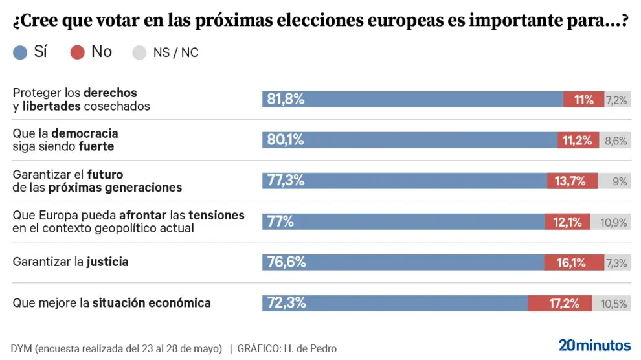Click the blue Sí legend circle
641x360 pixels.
coord(20,53)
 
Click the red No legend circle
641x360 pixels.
coord(78,53)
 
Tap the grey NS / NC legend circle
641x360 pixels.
coord(139,53)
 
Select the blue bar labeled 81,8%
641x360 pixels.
coord(412,99)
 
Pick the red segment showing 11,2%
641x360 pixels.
coord(578,140)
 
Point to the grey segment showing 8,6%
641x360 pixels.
coord(615,140)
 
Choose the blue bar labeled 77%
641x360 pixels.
coord(403,221)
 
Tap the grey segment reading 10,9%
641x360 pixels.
coord(611,221)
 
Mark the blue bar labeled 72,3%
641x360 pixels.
coord(395,303)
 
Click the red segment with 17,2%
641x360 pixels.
coord(560,303)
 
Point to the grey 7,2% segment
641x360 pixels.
coord(617,99)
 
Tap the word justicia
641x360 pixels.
coord(107,262)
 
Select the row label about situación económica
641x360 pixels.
coord(112,302)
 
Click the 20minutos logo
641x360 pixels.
coord(594,344)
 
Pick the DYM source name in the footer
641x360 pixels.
coord(21,348)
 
